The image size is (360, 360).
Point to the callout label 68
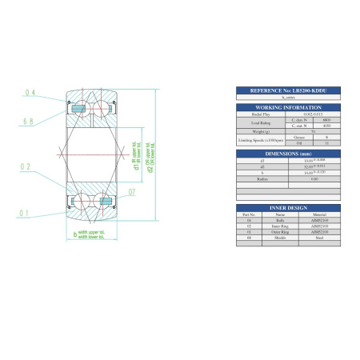(28, 122)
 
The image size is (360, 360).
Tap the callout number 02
(26, 167)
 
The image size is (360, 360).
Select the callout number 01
(26, 213)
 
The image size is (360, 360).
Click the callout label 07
(131, 192)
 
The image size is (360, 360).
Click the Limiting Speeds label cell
(258, 141)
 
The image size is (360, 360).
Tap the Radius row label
(258, 178)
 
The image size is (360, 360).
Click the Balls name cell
(281, 221)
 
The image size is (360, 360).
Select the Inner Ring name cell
(281, 227)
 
